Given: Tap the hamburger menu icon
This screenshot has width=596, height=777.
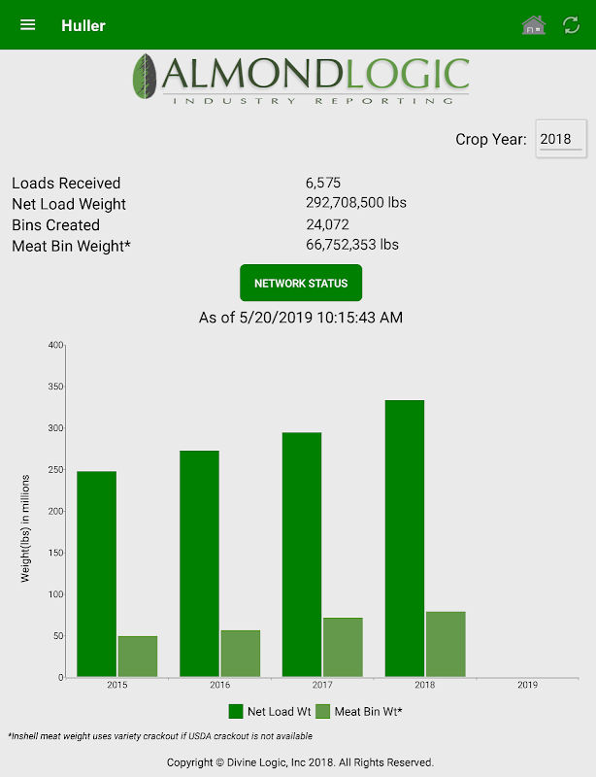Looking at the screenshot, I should (x=28, y=24).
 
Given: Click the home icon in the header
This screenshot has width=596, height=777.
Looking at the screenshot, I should (x=534, y=25).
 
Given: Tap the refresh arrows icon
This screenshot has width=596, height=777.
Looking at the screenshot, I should (x=572, y=25).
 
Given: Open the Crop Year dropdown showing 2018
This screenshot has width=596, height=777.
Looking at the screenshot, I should (x=561, y=139).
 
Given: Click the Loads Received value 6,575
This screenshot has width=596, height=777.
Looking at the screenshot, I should (x=323, y=183).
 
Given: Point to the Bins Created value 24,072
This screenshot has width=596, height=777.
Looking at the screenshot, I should (x=325, y=224).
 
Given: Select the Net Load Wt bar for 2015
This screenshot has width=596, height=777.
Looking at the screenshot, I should (x=97, y=573).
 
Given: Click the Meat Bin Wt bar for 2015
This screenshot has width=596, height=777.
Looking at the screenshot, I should (x=138, y=657).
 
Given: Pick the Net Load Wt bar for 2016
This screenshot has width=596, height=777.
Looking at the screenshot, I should (x=199, y=563).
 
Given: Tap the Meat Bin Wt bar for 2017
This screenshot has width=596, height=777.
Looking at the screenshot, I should (x=343, y=647).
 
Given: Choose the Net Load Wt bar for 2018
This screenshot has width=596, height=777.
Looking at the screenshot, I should (x=405, y=538).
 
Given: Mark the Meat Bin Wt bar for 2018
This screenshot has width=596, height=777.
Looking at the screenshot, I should (x=446, y=644).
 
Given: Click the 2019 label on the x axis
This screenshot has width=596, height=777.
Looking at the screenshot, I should (x=527, y=685).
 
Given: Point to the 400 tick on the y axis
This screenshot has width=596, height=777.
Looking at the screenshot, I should (x=55, y=345).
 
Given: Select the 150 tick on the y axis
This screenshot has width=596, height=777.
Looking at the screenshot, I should (x=55, y=553).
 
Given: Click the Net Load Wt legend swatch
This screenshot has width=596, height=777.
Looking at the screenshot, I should (x=237, y=712).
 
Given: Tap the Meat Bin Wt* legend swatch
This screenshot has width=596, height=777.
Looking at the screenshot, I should (x=323, y=712).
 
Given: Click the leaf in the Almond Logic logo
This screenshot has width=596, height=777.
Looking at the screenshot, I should (x=147, y=77).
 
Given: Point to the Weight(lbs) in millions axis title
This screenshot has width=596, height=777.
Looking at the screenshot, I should (x=26, y=528).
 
